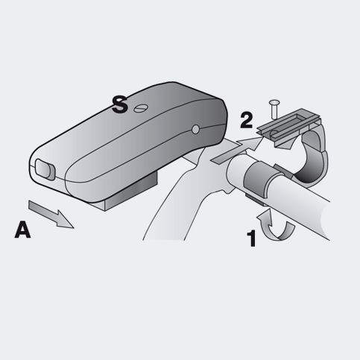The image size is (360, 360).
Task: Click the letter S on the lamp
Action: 120,104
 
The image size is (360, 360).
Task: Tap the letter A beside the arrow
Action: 22,230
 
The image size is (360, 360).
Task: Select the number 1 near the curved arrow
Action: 252,239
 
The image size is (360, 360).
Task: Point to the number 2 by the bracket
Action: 246,121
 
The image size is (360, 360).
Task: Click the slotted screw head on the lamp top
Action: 141,108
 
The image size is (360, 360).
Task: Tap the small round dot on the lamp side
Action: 196,129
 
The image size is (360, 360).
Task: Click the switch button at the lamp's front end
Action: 45,169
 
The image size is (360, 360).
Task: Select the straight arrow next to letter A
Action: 51,214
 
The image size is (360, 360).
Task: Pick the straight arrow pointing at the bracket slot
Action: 237,151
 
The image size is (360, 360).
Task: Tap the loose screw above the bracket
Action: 274,109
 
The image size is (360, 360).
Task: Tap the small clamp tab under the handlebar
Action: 255,200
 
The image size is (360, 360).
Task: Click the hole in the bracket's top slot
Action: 274,133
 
